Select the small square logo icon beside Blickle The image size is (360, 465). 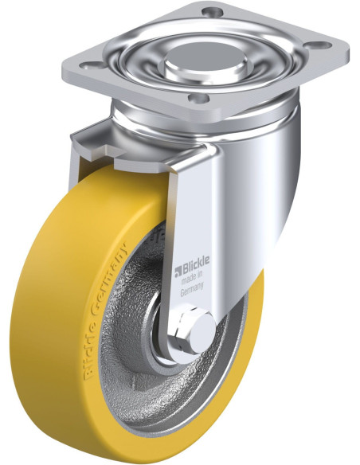(178, 272)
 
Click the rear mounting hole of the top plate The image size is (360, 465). (213, 12)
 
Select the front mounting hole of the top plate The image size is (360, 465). (198, 98)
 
